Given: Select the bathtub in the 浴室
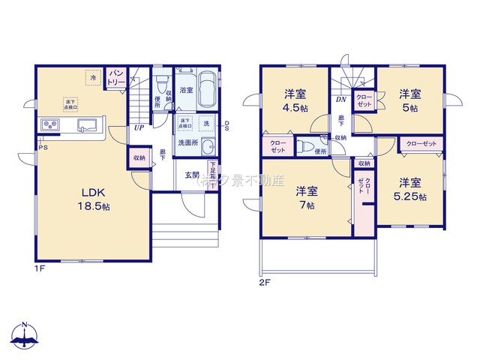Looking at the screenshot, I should [206, 91].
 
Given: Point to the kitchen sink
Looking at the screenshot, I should [84, 125].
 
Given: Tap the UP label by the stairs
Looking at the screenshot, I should [139, 127].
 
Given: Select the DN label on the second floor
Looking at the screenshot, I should [340, 99].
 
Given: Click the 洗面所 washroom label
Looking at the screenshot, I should [187, 142].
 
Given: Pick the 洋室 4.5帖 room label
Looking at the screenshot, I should [295, 100].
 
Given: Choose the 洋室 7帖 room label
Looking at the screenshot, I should [305, 197].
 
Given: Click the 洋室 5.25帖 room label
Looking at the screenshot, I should [411, 189].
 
